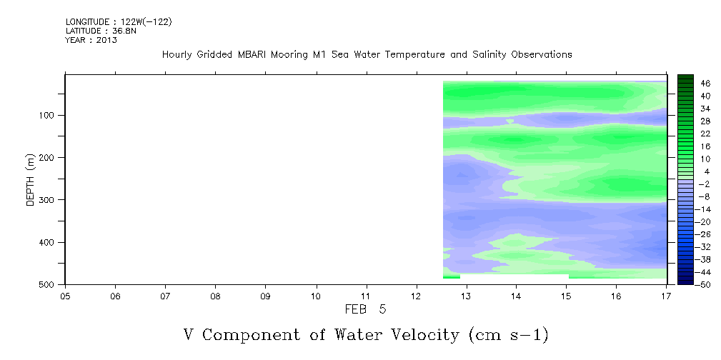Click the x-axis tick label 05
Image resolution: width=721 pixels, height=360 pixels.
coord(65,296)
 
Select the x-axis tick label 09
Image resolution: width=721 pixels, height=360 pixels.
coord(266,296)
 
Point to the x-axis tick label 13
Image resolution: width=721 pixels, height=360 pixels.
coord(467,296)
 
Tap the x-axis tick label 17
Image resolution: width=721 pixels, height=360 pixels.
coord(667,296)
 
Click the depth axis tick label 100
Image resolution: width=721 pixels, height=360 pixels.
coord(49,115)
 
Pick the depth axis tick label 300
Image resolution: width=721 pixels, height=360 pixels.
coord(49,200)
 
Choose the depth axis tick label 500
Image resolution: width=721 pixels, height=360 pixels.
coord(49,284)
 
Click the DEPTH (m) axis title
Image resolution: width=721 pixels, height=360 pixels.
coord(31,179)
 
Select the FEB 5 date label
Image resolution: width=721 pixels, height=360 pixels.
coord(366,309)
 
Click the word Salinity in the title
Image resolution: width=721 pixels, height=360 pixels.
coord(489,55)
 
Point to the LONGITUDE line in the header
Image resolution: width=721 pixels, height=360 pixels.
coord(119,21)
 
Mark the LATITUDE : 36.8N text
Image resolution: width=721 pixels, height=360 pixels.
coord(101,31)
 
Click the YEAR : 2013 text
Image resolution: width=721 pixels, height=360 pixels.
coord(91,40)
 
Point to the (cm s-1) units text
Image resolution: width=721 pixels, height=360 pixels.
coord(509,335)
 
